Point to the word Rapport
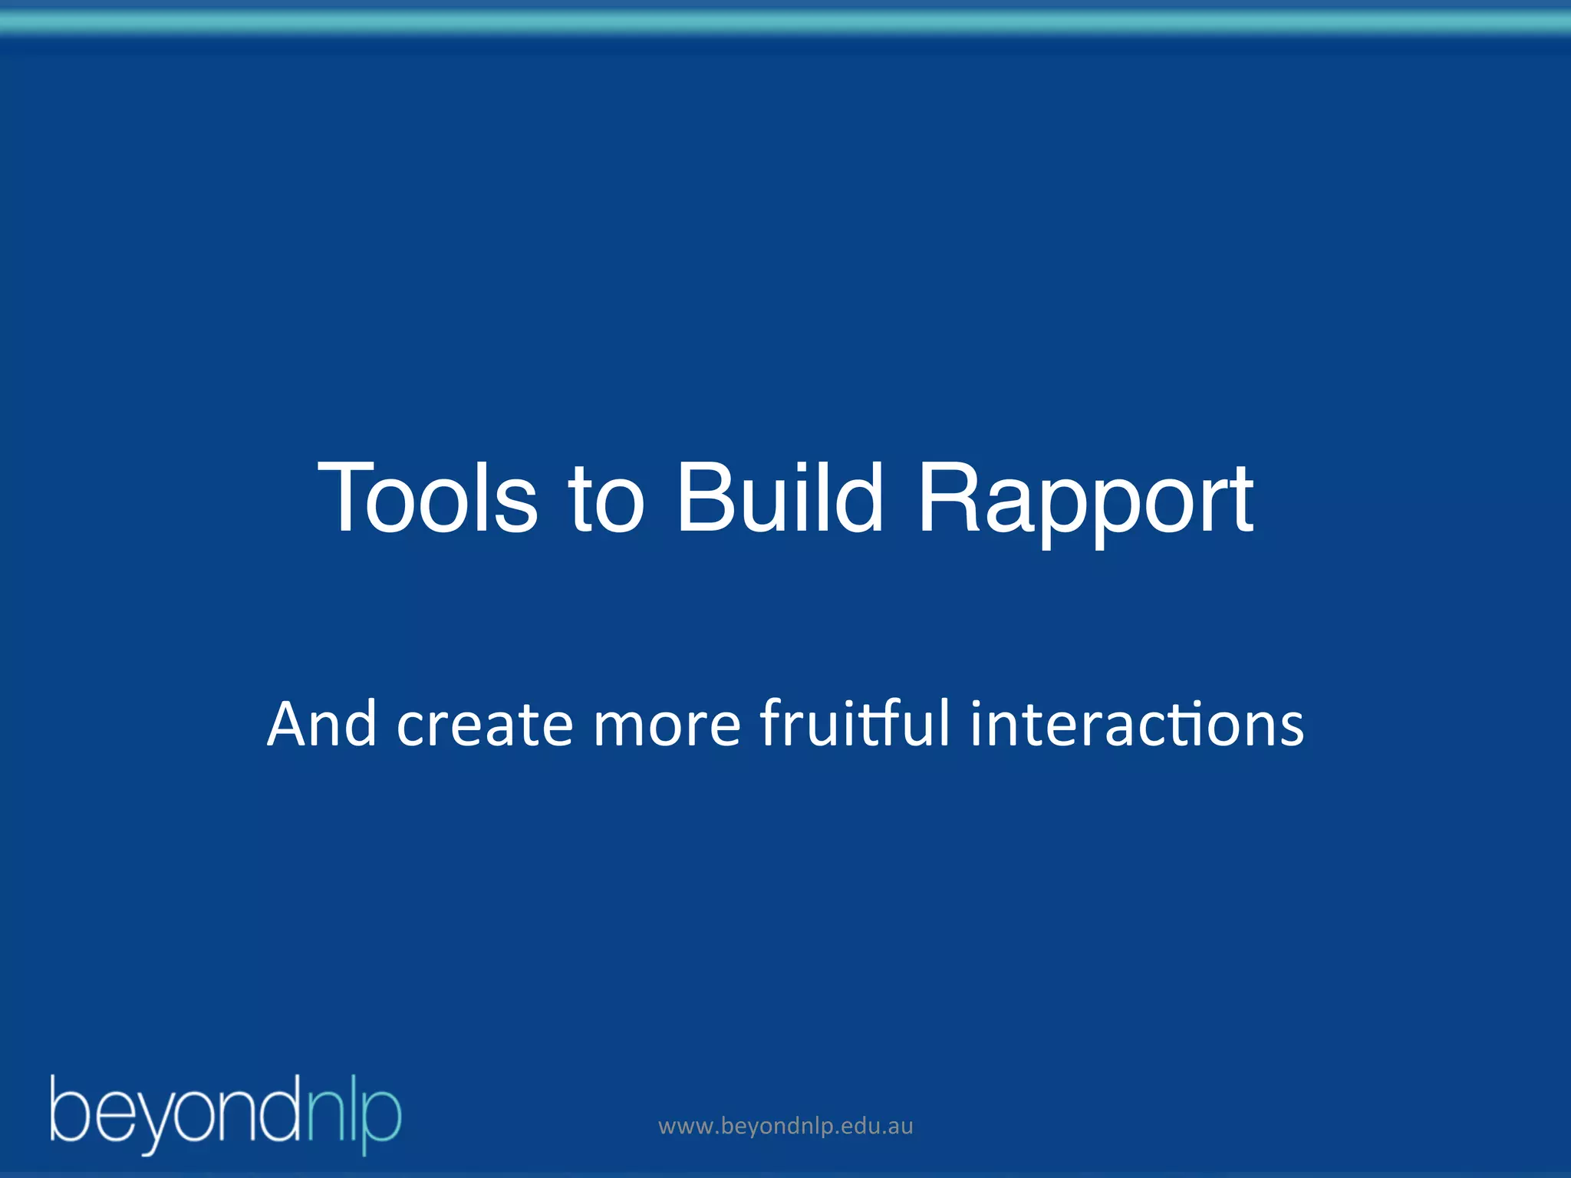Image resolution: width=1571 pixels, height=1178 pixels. click(x=1085, y=502)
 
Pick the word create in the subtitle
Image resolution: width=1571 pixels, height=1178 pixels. click(x=484, y=725)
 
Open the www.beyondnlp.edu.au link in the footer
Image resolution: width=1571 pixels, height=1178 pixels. click(x=785, y=1127)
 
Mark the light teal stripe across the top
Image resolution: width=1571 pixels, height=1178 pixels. click(x=785, y=24)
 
